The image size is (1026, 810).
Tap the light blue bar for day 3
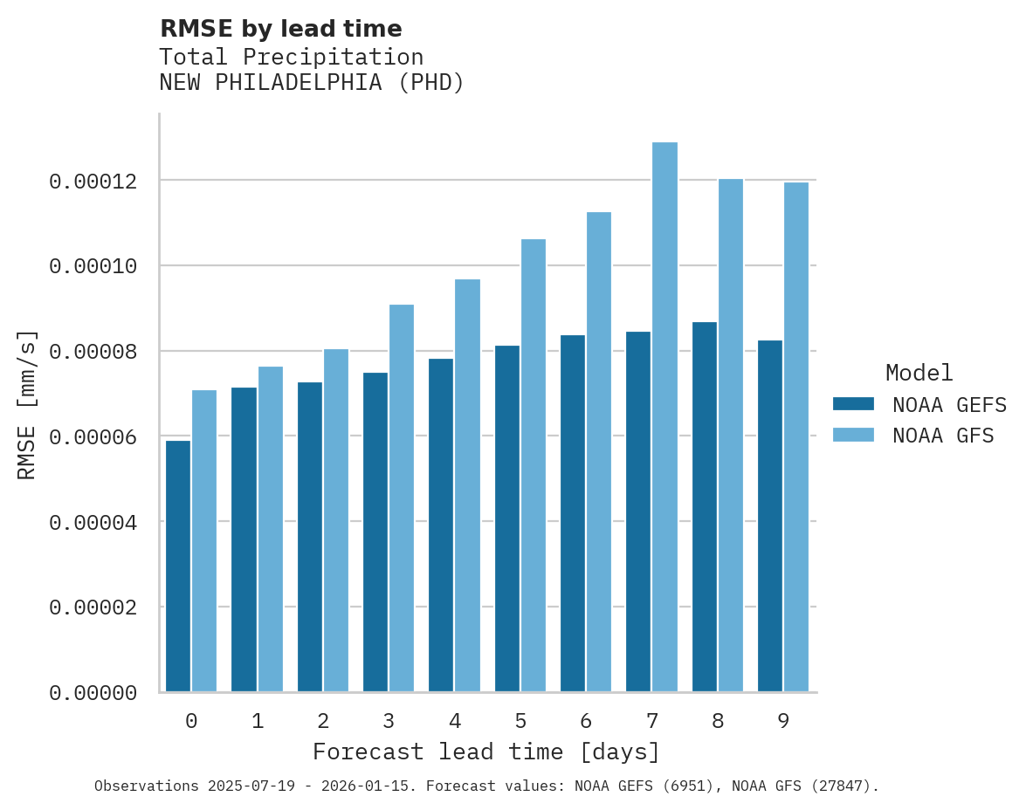point(402,498)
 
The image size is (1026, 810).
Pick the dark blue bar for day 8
point(705,506)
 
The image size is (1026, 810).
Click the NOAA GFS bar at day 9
point(796,436)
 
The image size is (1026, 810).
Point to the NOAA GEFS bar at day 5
point(507,518)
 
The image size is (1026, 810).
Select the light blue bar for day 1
point(270,529)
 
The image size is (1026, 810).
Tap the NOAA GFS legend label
point(943,435)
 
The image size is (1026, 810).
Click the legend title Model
point(919,373)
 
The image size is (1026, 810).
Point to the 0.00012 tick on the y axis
point(93,182)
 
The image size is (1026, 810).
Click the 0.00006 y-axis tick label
point(93,437)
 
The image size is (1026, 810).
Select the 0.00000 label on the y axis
point(93,693)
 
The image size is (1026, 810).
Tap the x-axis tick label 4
point(454,722)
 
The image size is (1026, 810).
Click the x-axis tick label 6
point(586,722)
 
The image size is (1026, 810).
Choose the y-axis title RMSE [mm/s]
point(28,403)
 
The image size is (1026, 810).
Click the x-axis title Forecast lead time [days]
point(486,752)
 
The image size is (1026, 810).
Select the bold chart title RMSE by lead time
point(280,29)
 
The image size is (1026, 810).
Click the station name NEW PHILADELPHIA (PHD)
point(312,83)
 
